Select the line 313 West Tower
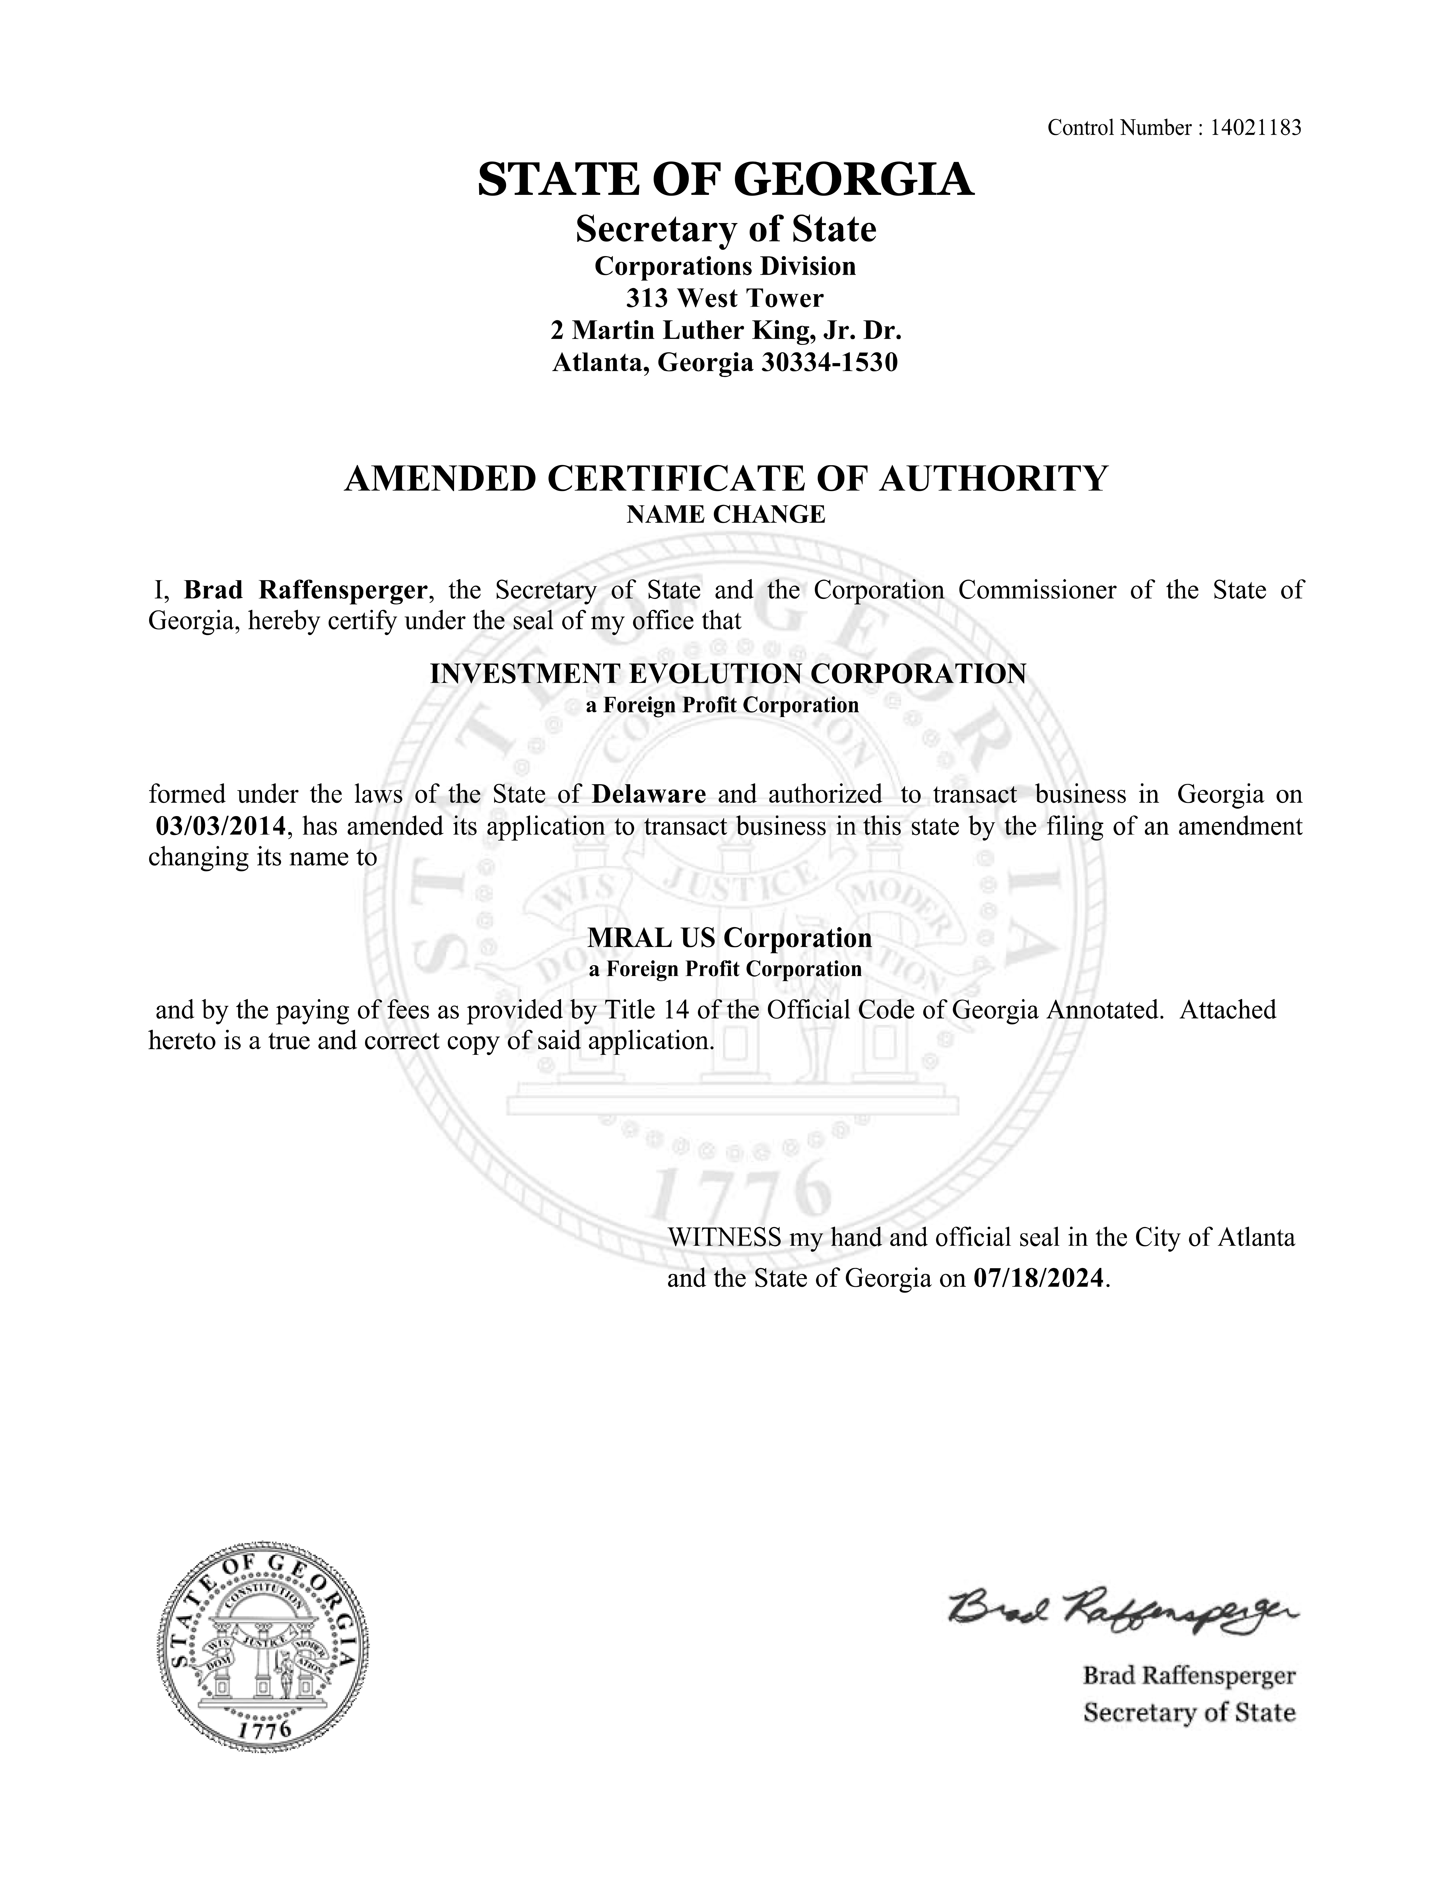(725, 298)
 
